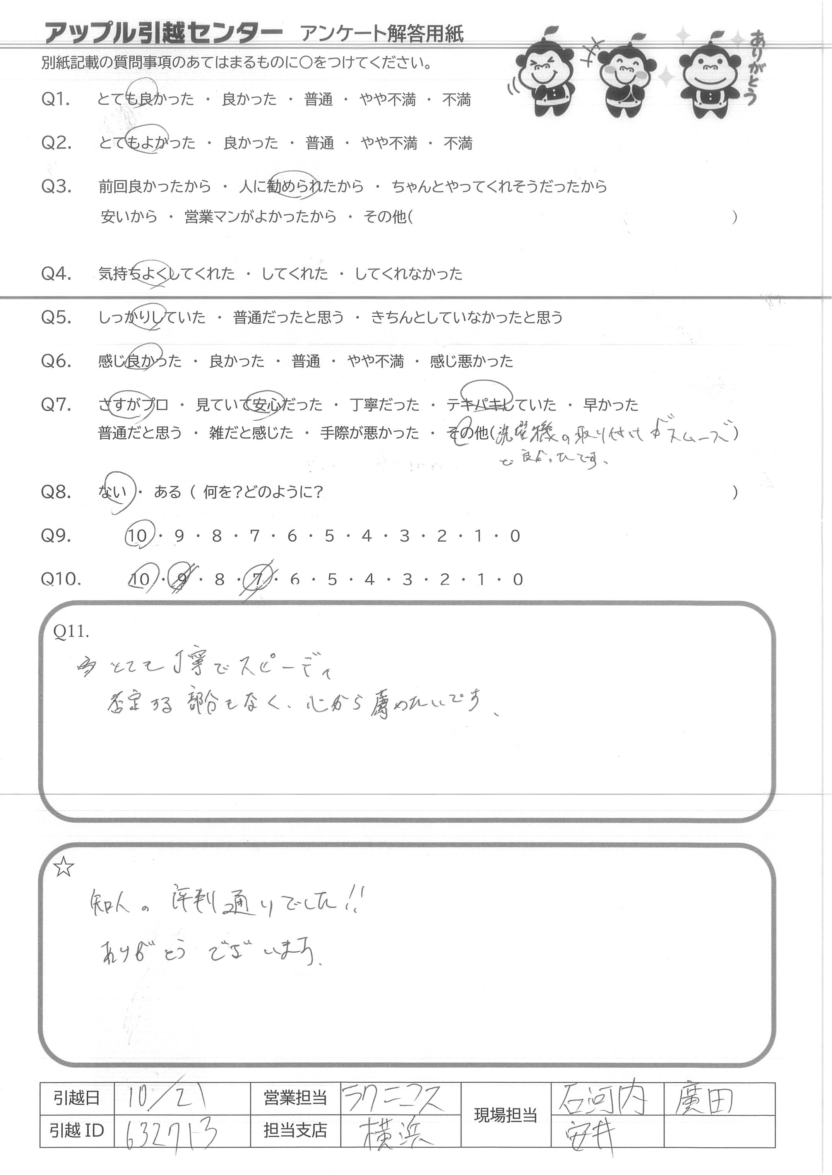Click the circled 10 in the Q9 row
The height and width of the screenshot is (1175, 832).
(x=137, y=536)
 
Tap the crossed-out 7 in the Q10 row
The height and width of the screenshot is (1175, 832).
(x=258, y=580)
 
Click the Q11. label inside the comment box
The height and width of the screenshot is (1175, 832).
(x=71, y=632)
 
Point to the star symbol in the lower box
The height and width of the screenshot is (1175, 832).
(x=64, y=868)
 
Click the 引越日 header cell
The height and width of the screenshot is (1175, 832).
(x=76, y=1098)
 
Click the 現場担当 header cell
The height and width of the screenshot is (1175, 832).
(x=505, y=1115)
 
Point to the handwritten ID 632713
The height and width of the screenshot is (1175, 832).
(x=171, y=1131)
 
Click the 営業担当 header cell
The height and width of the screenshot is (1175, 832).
(x=295, y=1098)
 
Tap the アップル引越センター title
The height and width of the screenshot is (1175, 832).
(x=163, y=33)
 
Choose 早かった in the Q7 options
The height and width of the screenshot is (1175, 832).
(x=611, y=405)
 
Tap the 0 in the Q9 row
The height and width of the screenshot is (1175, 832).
(x=515, y=536)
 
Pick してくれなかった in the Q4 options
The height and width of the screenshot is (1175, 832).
(x=408, y=274)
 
